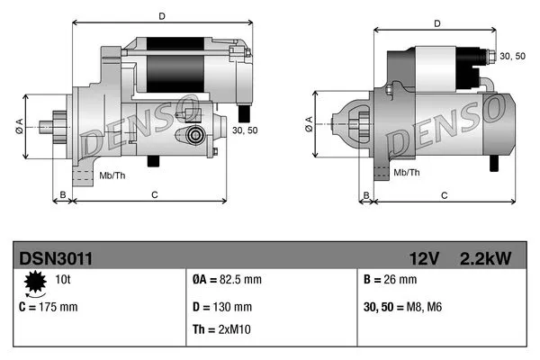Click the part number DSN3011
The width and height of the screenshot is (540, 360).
tap(55, 258)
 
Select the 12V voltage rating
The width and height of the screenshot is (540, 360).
tap(424, 258)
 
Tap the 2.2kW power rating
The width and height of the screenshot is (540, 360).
tap(486, 258)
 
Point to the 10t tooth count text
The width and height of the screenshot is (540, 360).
tap(63, 280)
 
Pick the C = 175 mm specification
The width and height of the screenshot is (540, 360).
tap(49, 307)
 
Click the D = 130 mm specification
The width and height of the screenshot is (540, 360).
tap(222, 307)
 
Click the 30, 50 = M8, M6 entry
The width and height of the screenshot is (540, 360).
tap(404, 307)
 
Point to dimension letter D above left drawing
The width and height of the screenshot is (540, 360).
tap(161, 15)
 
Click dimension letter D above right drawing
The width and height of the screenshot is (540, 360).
tap(436, 23)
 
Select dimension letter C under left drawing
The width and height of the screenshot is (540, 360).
tap(155, 193)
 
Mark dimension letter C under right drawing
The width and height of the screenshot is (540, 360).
tap(445, 193)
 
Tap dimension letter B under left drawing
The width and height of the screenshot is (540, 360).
tap(62, 193)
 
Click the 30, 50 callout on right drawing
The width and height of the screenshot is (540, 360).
tap(513, 56)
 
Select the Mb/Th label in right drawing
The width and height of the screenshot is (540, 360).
tap(407, 171)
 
